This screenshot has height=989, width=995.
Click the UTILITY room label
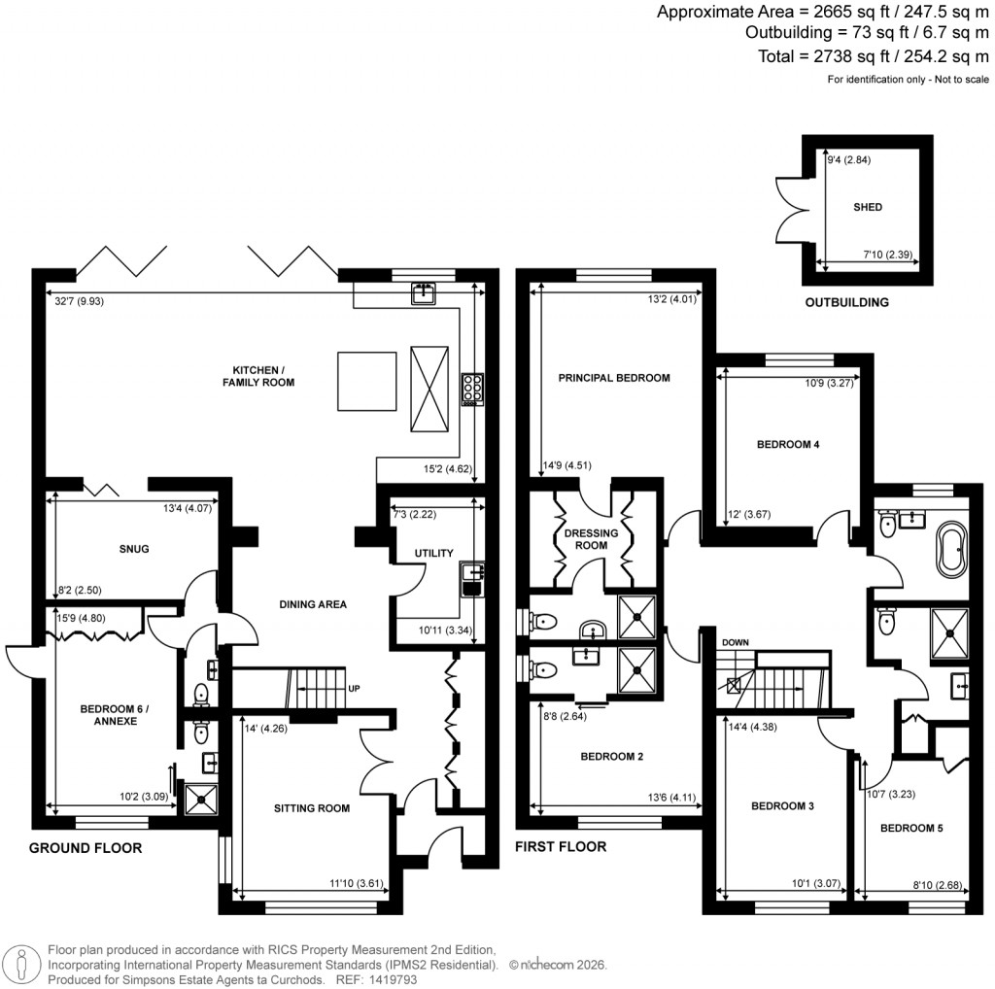click(433, 553)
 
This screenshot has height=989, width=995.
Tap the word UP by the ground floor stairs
click(356, 689)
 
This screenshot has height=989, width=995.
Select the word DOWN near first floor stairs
click(735, 643)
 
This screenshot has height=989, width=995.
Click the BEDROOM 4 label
click(788, 445)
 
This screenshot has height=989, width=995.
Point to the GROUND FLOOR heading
click(86, 848)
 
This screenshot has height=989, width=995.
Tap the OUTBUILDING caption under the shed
click(846, 302)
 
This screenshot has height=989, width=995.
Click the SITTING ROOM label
click(311, 807)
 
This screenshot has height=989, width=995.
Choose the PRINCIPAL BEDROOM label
click(613, 378)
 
